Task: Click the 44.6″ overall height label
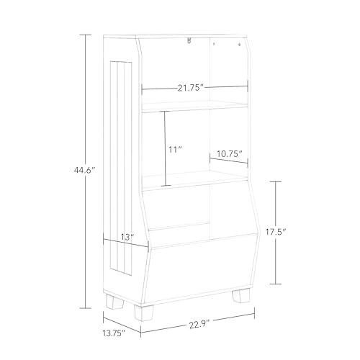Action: point(85,171)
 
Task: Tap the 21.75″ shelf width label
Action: point(191,88)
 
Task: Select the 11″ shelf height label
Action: point(175,150)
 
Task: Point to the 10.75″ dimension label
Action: point(229,153)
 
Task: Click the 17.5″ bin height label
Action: point(276,232)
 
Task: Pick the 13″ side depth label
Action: point(127,237)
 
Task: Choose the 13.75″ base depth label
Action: point(114,333)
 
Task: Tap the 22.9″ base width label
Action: point(199,325)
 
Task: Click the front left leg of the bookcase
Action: point(143,312)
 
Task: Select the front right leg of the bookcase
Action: point(241,295)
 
